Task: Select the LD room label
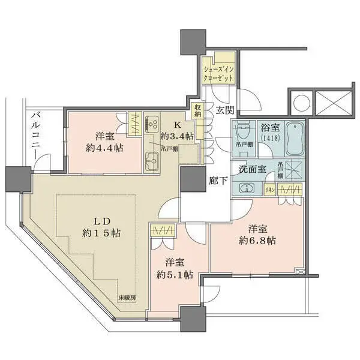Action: (97, 219)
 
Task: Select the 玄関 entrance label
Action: (225, 109)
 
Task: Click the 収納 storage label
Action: (197, 110)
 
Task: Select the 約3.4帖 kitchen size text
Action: (177, 136)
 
